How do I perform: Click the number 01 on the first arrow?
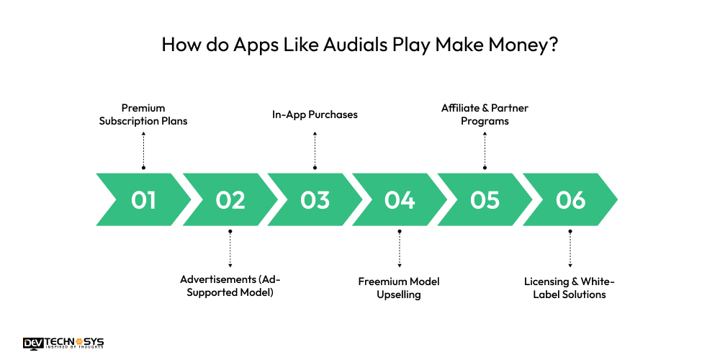[x=144, y=199]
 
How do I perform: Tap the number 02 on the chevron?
[x=230, y=199]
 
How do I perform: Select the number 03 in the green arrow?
[x=315, y=199]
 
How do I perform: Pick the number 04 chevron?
[x=400, y=199]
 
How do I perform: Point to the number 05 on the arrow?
[x=485, y=199]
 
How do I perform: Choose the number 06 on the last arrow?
[x=570, y=199]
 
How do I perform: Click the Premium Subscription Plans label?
[x=143, y=114]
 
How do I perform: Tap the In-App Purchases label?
[x=315, y=114]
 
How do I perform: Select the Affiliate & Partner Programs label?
[x=485, y=114]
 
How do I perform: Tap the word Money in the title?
[x=514, y=45]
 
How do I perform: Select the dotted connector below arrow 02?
[x=230, y=250]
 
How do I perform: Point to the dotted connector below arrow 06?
[x=570, y=250]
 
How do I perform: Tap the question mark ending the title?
[x=552, y=45]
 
